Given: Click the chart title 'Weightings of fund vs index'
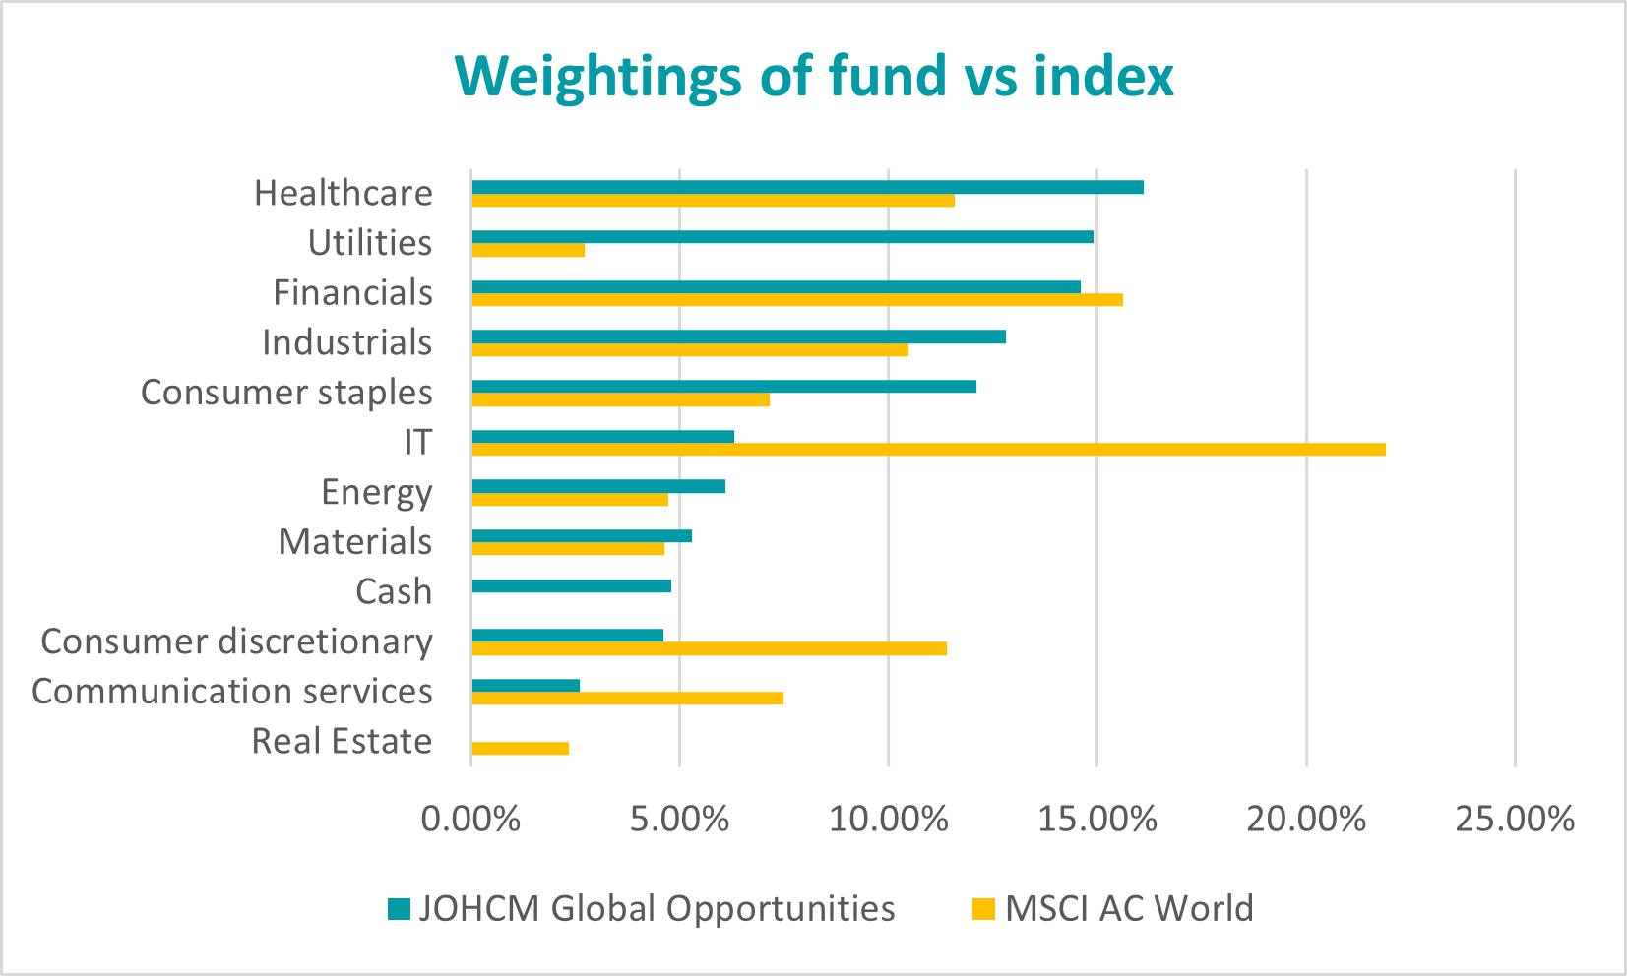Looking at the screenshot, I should (x=813, y=76).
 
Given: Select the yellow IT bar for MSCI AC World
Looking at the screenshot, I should (x=928, y=450).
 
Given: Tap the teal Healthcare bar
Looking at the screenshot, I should (x=807, y=187).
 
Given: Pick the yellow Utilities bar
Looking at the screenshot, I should (x=528, y=250).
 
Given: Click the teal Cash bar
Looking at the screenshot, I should (x=571, y=586).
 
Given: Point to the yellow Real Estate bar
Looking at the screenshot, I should (x=520, y=749).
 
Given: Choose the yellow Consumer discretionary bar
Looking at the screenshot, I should (x=709, y=648).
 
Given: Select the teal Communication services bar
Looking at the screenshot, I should (x=526, y=686).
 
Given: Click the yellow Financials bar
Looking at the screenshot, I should (x=797, y=300).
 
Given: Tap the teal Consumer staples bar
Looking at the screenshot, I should (x=723, y=387).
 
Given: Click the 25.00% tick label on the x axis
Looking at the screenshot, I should (x=1515, y=819).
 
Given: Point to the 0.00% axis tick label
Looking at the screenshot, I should (x=470, y=819).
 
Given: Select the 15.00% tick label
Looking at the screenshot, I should (x=1097, y=819).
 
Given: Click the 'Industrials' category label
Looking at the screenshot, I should (x=346, y=342).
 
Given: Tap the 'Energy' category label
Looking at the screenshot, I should (x=376, y=492).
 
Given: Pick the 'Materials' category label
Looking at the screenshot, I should (x=354, y=542).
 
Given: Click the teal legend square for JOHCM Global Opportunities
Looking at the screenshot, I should (x=399, y=909).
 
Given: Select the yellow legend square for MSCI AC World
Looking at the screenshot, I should (x=983, y=909).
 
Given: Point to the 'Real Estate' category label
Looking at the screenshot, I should (x=342, y=741).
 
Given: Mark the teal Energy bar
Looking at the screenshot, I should (x=598, y=486).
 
